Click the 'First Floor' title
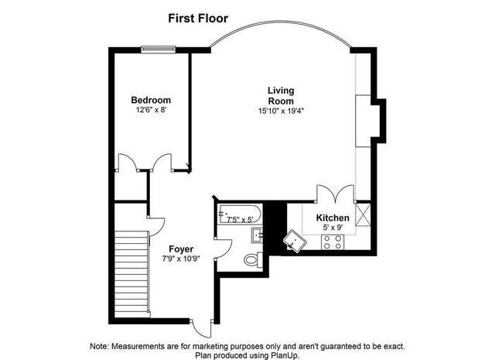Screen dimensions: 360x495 point(199,16)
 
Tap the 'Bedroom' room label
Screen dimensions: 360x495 point(151,100)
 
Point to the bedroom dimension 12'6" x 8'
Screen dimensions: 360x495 point(151,111)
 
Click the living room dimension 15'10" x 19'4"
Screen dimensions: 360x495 point(281,111)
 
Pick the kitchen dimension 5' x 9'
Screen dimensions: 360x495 point(332,228)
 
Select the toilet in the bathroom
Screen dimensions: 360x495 point(251,260)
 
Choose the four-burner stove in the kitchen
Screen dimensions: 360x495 point(333,242)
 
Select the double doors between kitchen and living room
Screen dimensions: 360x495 point(336,194)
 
